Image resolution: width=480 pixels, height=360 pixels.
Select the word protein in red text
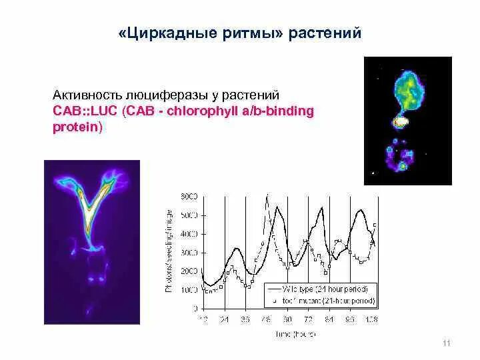pos(76,127)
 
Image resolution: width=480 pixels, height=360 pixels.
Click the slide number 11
pos(447,343)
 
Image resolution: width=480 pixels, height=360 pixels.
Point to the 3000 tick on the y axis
pos(189,253)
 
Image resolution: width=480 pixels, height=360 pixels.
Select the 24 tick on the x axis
pos(225,319)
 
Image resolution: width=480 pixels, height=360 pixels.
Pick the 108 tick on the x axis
pos(370,319)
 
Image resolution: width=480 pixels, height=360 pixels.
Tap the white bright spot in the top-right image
pos(401,122)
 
